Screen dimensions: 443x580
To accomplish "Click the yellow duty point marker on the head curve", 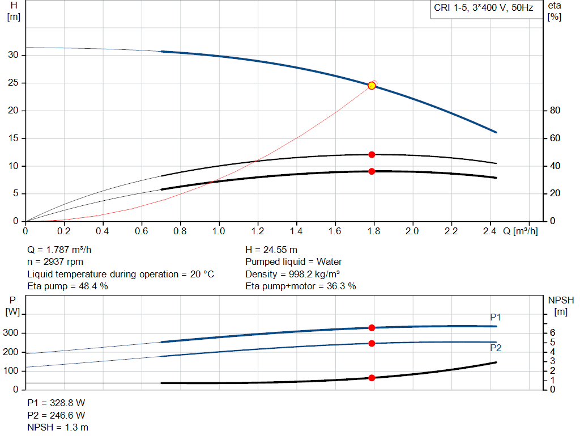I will [x=372, y=86].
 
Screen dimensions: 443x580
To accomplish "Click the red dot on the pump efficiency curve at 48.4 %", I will [x=372, y=154].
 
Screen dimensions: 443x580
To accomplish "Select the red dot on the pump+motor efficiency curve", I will [x=372, y=171].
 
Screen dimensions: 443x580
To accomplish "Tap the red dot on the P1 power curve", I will [x=372, y=328].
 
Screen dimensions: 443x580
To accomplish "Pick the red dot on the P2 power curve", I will [x=372, y=343].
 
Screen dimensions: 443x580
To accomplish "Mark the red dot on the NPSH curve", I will [x=372, y=378].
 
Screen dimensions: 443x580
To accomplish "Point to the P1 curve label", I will [x=496, y=317].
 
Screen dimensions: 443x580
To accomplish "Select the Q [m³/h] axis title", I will [x=520, y=231].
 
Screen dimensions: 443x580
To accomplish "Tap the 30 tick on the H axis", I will [x=14, y=55].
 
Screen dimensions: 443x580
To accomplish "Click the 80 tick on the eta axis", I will [x=555, y=111].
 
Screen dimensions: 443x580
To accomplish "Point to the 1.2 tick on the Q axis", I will [x=258, y=231].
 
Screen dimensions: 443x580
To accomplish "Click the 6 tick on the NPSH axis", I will [x=552, y=333].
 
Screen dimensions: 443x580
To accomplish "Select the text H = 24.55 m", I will [x=271, y=250].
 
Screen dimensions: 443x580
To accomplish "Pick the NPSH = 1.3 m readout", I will [x=58, y=427].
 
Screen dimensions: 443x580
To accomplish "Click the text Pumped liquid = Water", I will [x=293, y=262].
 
